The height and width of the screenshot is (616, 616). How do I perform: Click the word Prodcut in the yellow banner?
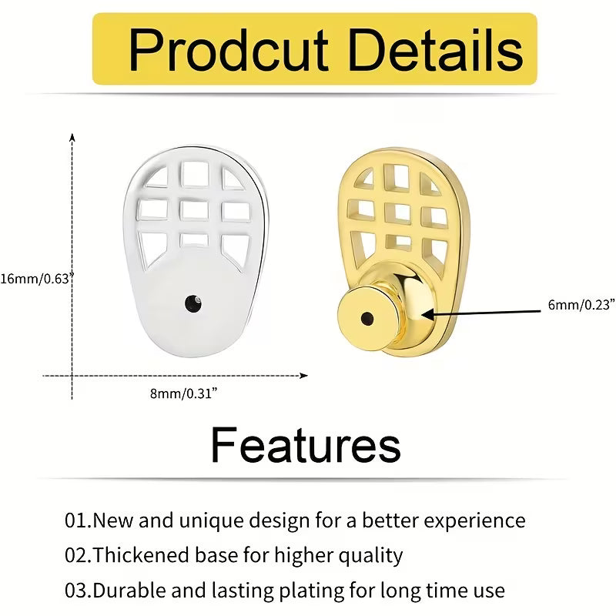228,50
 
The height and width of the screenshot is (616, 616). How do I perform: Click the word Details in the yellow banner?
436,50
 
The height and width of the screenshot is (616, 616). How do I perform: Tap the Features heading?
306,445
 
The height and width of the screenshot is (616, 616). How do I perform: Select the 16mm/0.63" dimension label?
37,279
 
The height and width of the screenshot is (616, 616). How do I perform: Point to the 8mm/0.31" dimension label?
183,393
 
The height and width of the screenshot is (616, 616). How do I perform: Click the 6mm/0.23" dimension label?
581,304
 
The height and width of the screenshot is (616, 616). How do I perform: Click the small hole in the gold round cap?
367,319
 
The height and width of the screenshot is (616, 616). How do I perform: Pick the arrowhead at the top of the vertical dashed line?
72,138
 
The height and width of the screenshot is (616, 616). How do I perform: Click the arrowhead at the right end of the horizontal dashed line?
303,376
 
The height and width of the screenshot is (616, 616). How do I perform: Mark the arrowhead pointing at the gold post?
428,315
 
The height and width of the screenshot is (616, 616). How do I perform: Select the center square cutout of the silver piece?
194,210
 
